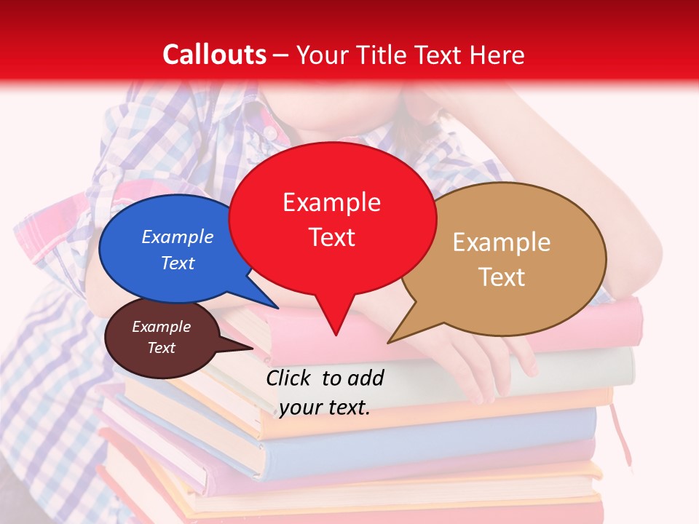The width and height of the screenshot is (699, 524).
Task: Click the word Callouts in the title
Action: pos(214,55)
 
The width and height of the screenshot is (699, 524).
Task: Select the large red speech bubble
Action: pos(332,218)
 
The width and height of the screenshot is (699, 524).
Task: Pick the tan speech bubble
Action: pos(510,258)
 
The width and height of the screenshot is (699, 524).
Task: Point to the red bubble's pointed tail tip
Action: pos(335,335)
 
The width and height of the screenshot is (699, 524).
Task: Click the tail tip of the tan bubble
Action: pos(389,342)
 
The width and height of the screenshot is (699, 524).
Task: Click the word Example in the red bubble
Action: pos(331,202)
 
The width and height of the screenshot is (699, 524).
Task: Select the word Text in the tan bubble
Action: pos(502,277)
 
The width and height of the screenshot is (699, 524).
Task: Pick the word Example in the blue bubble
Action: pos(178,237)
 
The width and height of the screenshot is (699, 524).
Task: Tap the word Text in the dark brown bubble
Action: pos(162,348)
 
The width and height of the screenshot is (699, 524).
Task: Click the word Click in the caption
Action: pos(289,378)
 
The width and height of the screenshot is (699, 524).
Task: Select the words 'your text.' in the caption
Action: pos(325,408)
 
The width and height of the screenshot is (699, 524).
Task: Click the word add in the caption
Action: pos(366,378)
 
